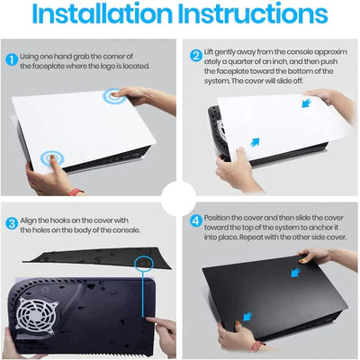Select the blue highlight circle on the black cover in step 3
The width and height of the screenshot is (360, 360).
click(x=141, y=261)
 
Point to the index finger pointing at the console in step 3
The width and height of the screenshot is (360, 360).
click(x=149, y=321)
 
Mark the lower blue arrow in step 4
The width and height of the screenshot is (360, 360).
click(x=243, y=317)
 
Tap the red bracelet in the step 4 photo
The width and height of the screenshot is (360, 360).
click(x=262, y=346)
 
